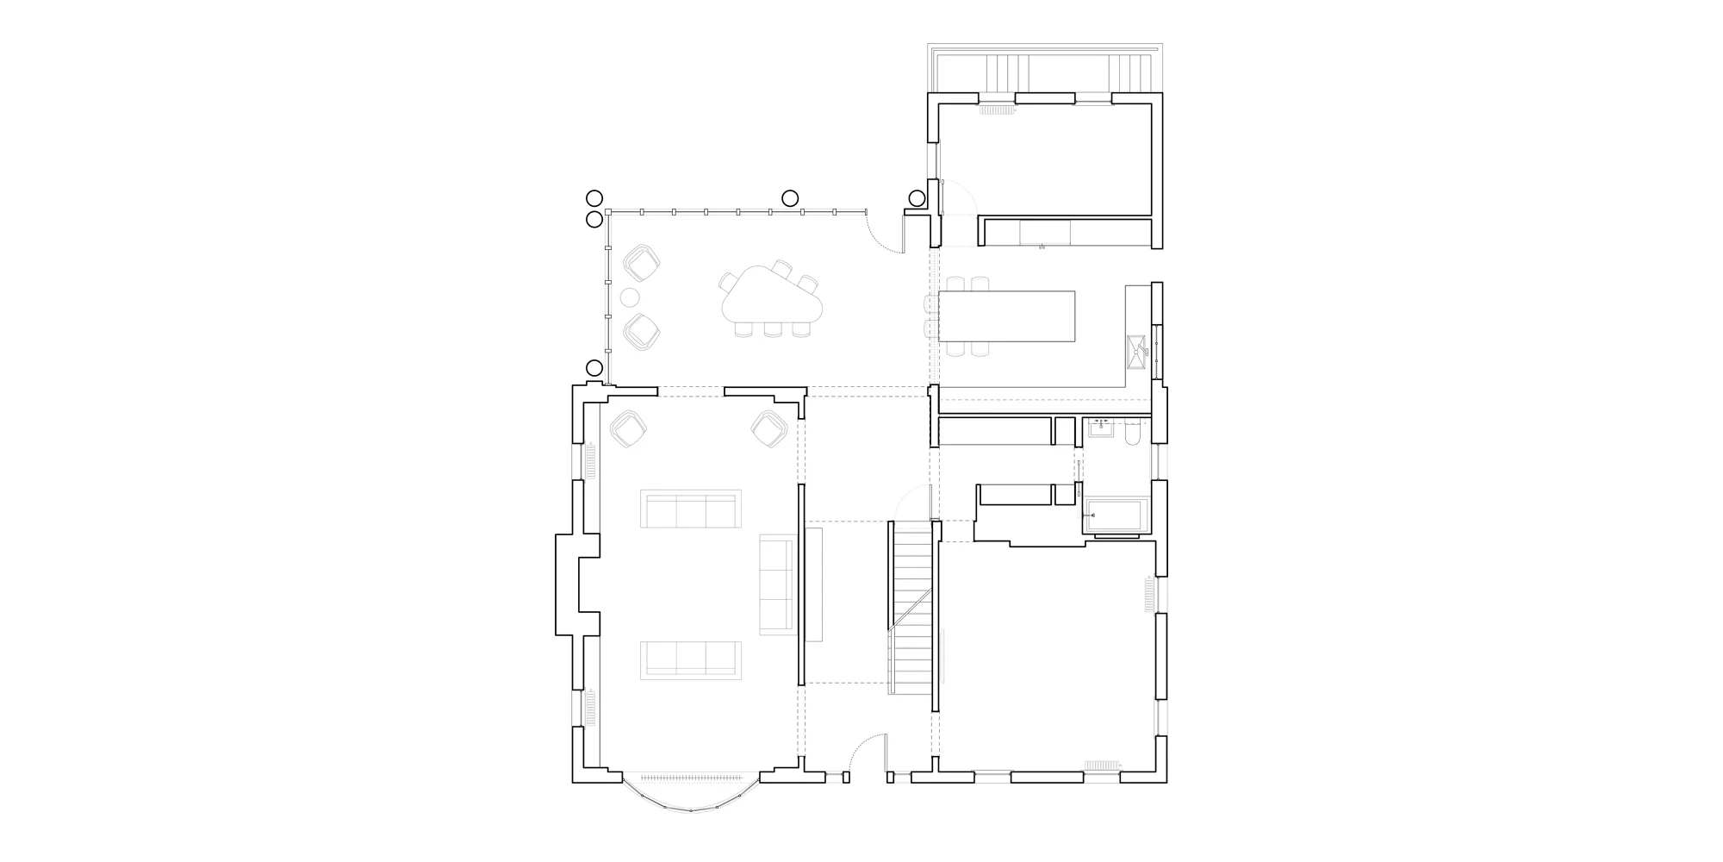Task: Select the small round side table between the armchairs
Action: [x=630, y=298]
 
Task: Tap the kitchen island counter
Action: [x=1006, y=315]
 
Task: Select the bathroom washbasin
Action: [x=1100, y=428]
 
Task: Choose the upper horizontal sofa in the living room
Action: [x=690, y=509]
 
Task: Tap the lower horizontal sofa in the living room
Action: [x=690, y=659]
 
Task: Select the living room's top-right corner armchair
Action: [x=769, y=428]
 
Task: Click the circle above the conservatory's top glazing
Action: [x=789, y=198]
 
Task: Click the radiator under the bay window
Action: [x=690, y=777]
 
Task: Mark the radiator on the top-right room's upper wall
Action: [x=998, y=110]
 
